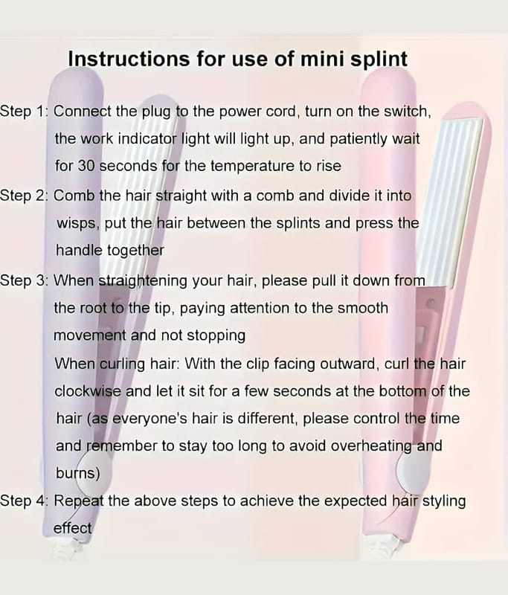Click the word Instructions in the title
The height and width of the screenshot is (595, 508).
click(129, 59)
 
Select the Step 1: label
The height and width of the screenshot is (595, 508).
click(25, 112)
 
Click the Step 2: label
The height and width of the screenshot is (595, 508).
click(25, 196)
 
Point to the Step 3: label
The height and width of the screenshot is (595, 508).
click(25, 281)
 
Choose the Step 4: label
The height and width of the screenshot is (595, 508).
click(25, 501)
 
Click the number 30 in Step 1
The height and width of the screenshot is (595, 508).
click(86, 166)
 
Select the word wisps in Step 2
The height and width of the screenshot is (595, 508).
click(78, 224)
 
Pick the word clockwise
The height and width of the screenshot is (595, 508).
click(88, 391)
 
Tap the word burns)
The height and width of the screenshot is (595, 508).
click(78, 473)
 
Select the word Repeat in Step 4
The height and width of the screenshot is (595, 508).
click(79, 501)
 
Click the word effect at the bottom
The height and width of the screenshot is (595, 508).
click(72, 528)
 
